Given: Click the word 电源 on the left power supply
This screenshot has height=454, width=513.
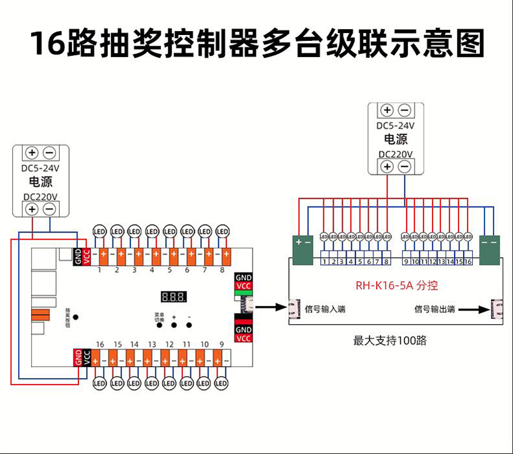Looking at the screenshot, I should click(x=40, y=182).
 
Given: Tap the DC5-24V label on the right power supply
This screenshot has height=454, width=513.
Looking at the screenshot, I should click(x=395, y=125).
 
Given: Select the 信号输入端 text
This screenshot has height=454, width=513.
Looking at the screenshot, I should click(x=325, y=309).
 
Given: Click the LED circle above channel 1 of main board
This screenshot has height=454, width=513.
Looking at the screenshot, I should click(x=99, y=231).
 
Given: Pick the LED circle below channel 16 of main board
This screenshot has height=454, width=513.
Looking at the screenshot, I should click(x=99, y=383).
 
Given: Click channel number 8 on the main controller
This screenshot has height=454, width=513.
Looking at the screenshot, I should click(x=222, y=269).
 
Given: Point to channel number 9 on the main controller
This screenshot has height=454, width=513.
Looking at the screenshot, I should click(x=222, y=344).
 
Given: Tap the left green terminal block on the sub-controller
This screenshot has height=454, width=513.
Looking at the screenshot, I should click(x=303, y=249).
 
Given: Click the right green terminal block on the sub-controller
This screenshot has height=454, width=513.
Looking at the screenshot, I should click(x=490, y=249).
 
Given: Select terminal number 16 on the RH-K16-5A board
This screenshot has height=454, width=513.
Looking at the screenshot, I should click(x=468, y=262).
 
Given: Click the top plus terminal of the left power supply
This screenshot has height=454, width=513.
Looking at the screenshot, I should click(x=31, y=153).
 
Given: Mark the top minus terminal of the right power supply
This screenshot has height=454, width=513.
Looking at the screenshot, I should click(x=404, y=110).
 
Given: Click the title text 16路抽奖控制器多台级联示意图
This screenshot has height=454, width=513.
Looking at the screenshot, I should click(x=257, y=44).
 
